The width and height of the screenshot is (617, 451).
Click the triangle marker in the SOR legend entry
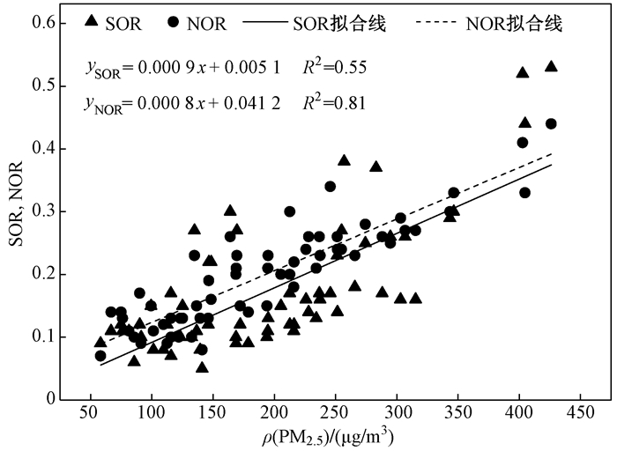pos(93,21)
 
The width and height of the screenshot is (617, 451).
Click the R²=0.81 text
pos(334,103)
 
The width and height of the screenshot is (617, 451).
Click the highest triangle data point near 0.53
pos(551,66)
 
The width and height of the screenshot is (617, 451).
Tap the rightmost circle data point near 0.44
pos(551,123)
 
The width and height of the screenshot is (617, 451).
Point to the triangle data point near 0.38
pos(344,160)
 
